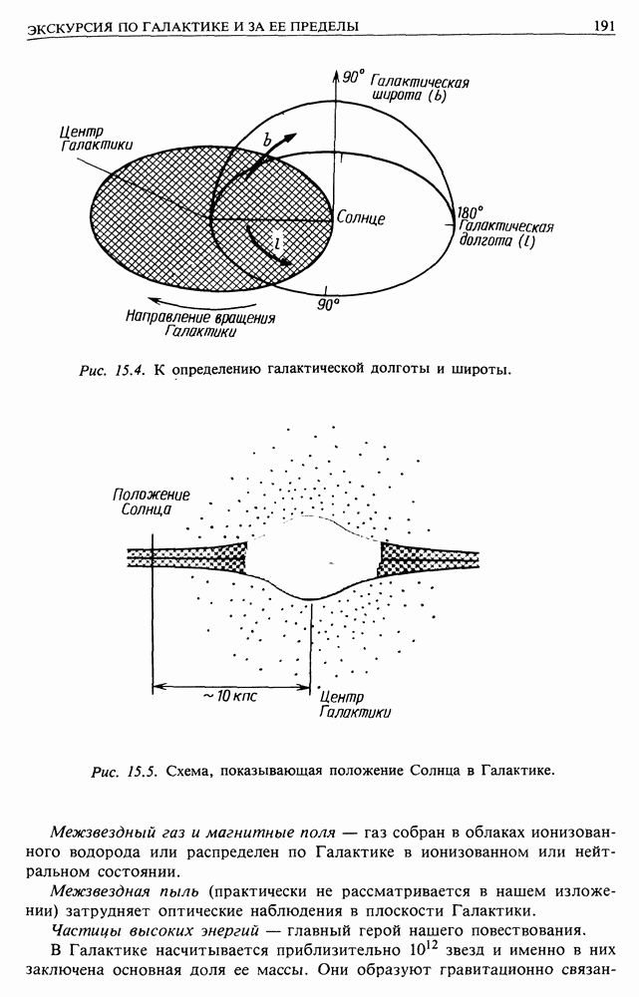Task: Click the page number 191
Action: click(603, 26)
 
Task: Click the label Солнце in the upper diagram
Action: click(361, 218)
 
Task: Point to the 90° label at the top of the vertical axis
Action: click(354, 77)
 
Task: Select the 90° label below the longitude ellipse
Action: click(329, 305)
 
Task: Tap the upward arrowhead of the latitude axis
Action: click(335, 77)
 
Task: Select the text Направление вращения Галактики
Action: click(200, 324)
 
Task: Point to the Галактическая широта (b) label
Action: click(419, 89)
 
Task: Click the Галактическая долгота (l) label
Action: click(505, 234)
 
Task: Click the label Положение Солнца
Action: click(152, 501)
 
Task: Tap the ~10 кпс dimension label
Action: click(230, 696)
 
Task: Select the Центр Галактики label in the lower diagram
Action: click(355, 705)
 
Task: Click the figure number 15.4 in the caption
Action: click(131, 370)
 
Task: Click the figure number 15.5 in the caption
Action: click(143, 772)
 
